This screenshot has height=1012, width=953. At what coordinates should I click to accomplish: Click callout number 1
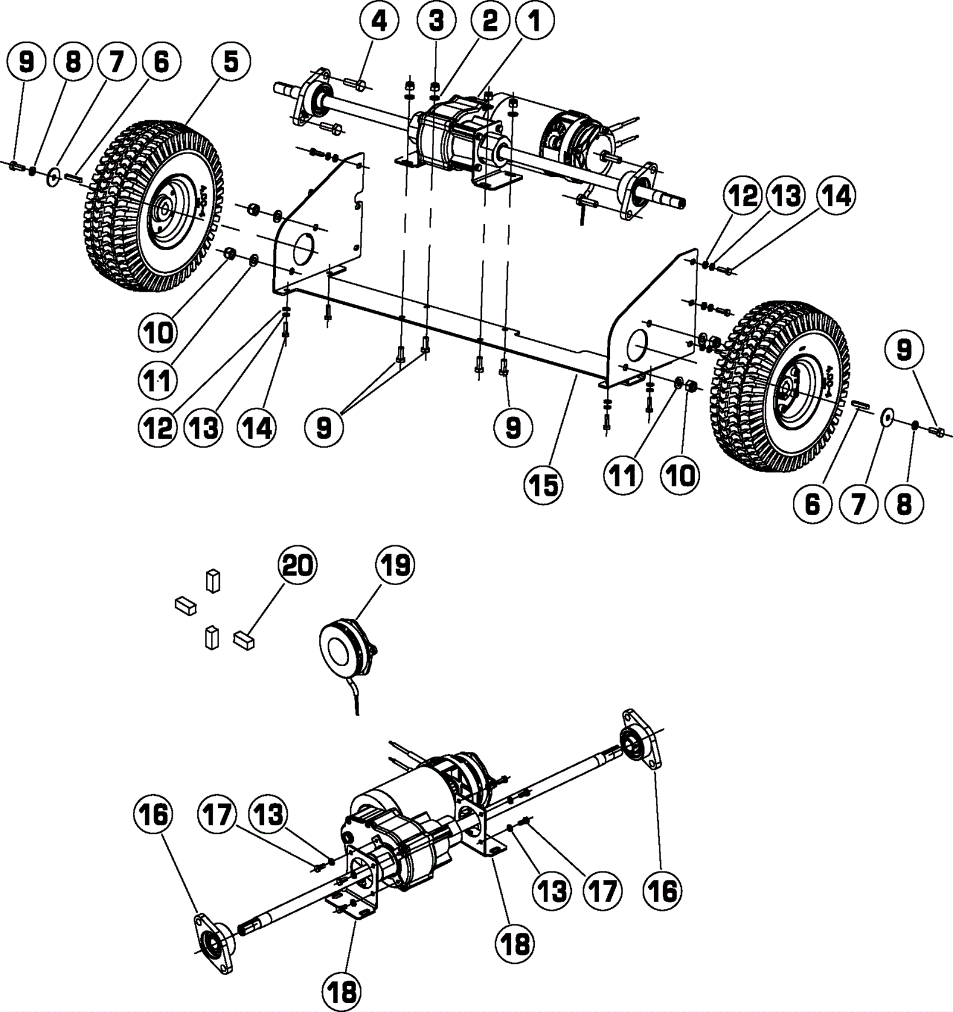coord(535,21)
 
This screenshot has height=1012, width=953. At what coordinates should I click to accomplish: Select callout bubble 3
coord(437,21)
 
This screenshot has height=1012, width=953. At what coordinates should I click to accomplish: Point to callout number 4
coord(379,21)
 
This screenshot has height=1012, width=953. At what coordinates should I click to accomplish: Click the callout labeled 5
coord(231,62)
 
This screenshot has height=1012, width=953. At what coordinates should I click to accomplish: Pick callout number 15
coord(544,486)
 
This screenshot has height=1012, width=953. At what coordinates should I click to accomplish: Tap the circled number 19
coord(395,564)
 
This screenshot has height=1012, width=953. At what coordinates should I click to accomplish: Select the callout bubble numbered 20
coord(298,564)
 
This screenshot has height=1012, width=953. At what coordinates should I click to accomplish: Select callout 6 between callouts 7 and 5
coord(161,62)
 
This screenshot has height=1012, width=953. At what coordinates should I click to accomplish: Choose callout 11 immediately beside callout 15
coord(622,476)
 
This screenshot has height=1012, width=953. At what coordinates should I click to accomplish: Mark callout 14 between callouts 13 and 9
coord(257,427)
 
